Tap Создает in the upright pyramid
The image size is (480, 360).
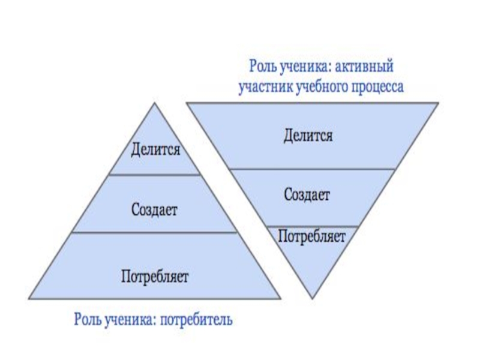point(155,209)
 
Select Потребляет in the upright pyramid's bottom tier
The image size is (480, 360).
point(155,277)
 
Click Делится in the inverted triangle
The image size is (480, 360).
point(308,136)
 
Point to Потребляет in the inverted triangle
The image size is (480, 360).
point(312,236)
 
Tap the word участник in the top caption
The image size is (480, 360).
point(265,86)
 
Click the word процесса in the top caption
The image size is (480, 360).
point(377,86)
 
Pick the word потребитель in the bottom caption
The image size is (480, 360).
point(197,318)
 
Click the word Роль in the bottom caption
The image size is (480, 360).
point(87,318)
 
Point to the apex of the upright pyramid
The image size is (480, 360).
point(155,103)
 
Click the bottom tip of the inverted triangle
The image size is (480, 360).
point(313,298)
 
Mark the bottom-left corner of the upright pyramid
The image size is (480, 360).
point(29,298)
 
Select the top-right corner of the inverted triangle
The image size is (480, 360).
point(439,103)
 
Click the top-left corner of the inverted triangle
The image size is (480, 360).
point(187,103)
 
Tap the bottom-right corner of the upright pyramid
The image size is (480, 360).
point(280,298)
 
